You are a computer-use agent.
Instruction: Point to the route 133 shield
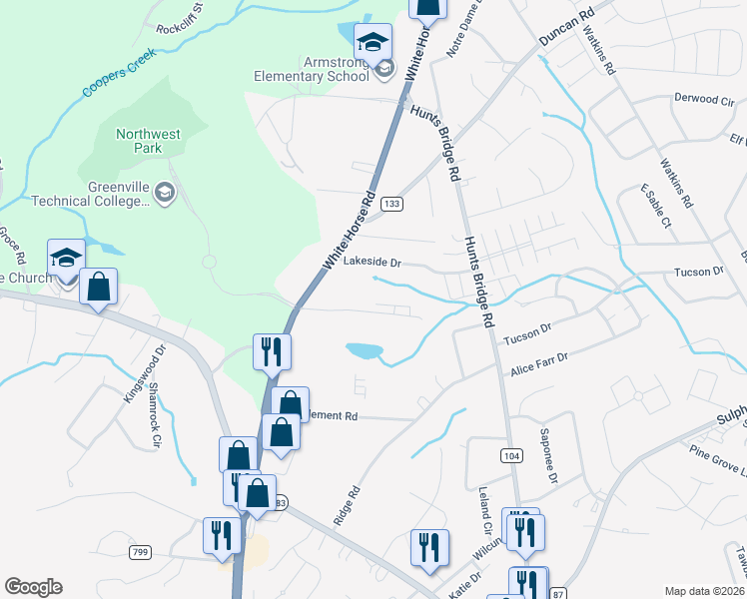coord(392,204)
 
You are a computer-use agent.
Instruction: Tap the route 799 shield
coord(139,551)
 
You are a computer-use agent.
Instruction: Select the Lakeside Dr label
coord(372,264)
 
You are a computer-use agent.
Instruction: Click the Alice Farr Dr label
coord(538,362)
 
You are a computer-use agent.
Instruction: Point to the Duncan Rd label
coord(566,27)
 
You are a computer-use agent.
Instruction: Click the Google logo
coord(33,587)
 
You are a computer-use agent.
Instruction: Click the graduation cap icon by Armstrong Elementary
coord(373,42)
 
